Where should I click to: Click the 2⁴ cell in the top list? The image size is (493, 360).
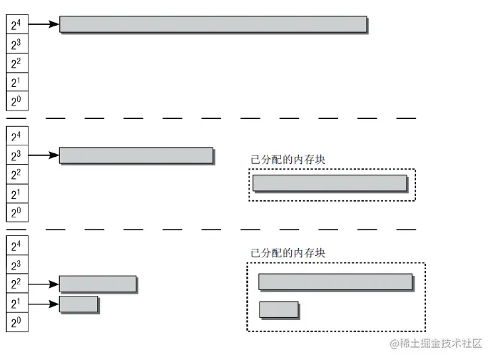(x=16, y=25)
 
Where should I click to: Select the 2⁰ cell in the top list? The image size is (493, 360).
(x=16, y=101)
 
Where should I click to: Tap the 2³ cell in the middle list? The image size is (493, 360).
(x=16, y=155)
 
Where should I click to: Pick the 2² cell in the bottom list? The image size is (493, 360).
(x=16, y=284)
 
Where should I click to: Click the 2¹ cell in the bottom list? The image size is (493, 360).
(x=16, y=304)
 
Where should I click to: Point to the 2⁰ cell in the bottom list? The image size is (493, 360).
(x=16, y=322)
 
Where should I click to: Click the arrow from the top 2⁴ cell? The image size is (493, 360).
(x=43, y=25)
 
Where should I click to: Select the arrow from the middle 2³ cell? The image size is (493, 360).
(x=43, y=155)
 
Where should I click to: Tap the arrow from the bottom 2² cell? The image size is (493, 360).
(x=43, y=284)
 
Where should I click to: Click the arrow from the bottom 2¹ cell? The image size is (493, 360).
(x=43, y=304)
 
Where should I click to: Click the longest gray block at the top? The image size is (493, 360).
(x=213, y=24)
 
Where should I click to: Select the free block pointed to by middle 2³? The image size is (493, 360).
(x=136, y=155)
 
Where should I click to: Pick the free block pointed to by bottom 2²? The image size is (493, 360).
(x=97, y=284)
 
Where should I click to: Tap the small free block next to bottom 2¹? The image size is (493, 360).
(x=78, y=304)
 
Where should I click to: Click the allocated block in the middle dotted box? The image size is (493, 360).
(x=330, y=183)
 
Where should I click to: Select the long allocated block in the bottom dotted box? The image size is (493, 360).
(x=335, y=282)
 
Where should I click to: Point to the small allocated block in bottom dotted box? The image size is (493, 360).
(x=278, y=309)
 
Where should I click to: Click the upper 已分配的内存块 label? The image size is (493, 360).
(x=288, y=160)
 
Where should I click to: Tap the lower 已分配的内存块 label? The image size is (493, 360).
(x=288, y=252)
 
